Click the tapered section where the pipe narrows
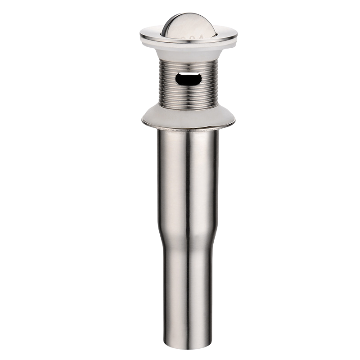pos(187,234)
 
